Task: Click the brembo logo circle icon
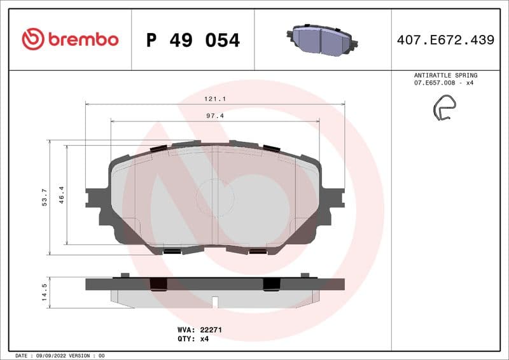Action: point(32,39)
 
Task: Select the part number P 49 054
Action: point(193,40)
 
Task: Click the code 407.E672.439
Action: point(445,40)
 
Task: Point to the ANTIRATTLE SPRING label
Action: point(445,75)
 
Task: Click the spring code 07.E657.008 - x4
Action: point(445,83)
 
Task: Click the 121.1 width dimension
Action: point(216,99)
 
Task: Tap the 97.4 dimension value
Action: point(214,116)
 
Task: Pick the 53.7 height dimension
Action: point(44,197)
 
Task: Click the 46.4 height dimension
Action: point(62,194)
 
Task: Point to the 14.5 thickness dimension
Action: point(44,293)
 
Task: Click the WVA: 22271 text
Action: point(199,330)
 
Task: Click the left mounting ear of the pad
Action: point(96,204)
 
